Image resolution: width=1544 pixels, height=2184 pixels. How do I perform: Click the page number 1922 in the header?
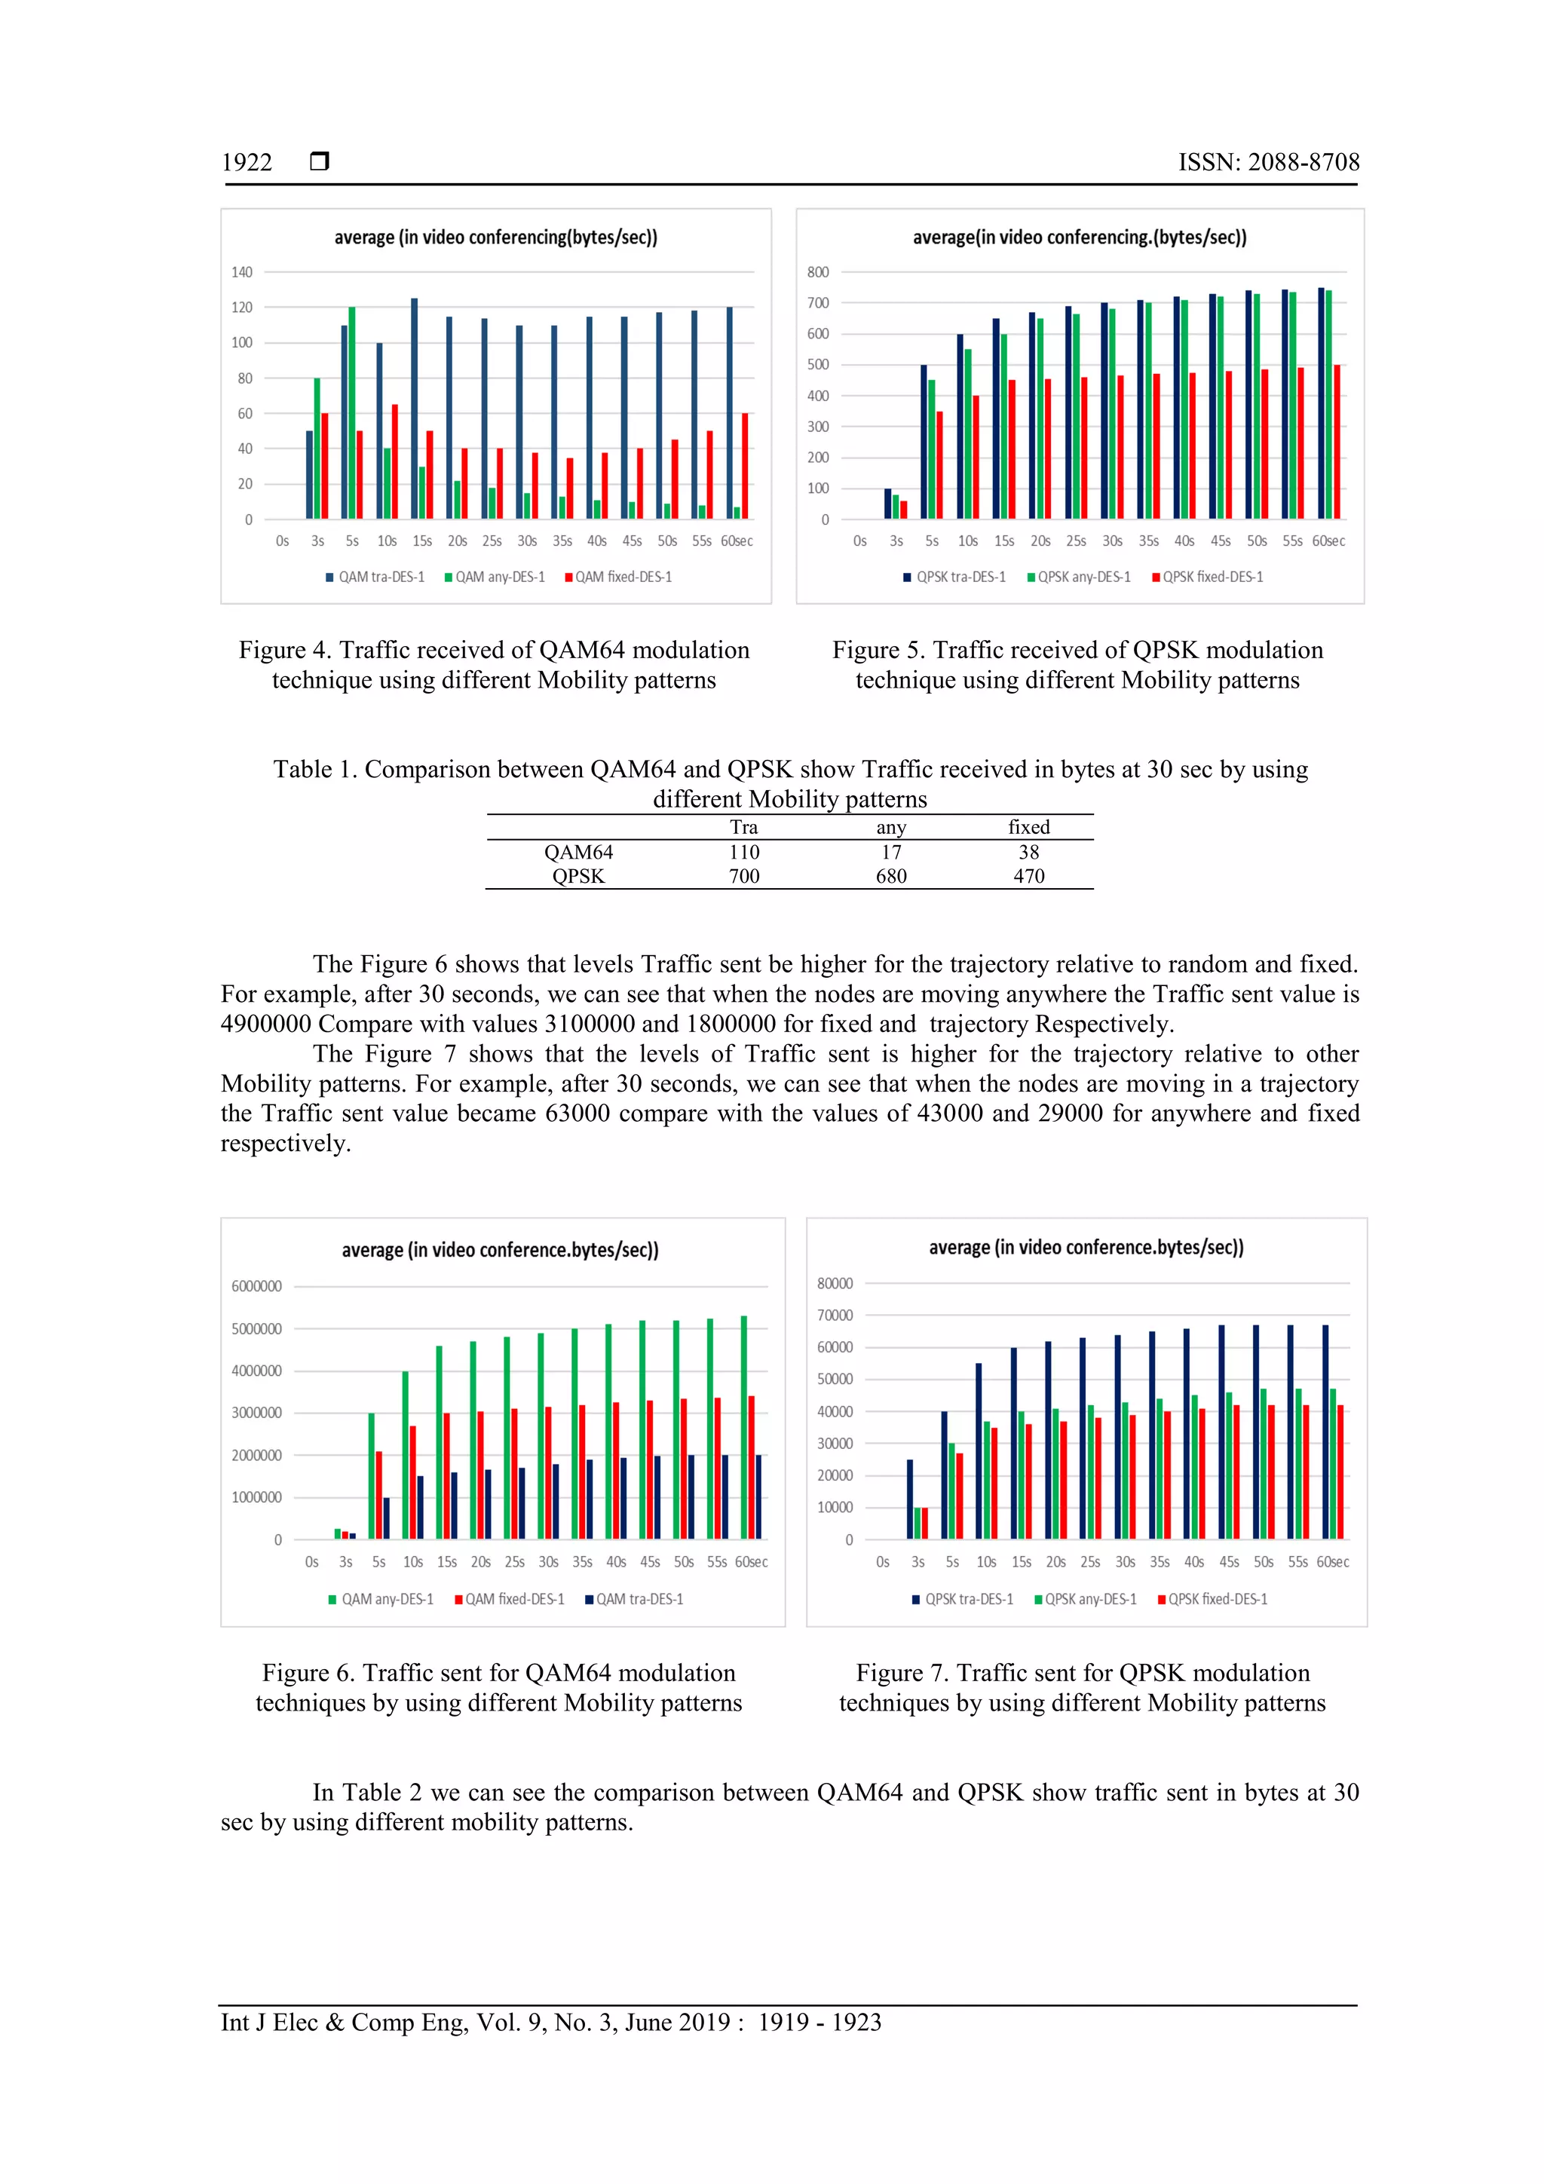click(247, 163)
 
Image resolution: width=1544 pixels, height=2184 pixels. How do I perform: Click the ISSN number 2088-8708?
click(1304, 163)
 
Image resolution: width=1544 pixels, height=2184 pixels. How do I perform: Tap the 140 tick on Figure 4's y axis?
click(242, 272)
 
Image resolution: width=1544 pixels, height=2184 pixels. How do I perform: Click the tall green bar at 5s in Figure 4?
click(352, 412)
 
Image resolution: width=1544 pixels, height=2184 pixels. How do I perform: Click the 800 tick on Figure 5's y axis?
click(818, 272)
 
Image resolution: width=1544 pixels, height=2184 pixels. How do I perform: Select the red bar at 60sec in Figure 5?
click(1337, 441)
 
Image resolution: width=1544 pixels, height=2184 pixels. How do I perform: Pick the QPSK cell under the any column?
click(890, 876)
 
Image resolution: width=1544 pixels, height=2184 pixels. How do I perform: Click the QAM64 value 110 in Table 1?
click(744, 853)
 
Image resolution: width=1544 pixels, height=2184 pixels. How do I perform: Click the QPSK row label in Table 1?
click(578, 876)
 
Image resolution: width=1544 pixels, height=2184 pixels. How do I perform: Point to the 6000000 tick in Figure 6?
click(257, 1286)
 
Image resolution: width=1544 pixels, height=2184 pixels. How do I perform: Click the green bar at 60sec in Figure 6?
click(744, 1427)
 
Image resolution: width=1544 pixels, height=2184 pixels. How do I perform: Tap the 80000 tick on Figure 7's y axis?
click(835, 1283)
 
